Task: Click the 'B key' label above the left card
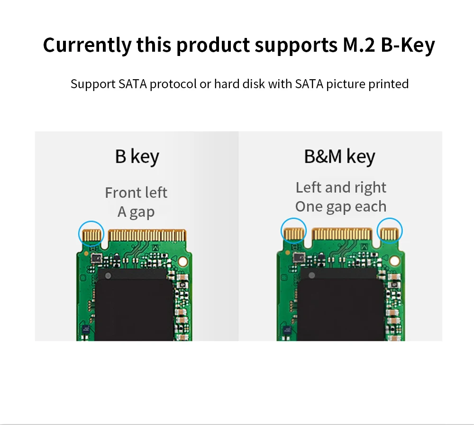coord(137,157)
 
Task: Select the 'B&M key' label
coord(339,157)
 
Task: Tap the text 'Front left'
coord(136,193)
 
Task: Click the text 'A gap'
coord(136,212)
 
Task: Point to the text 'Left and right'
coord(341,187)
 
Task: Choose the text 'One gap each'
coord(341,206)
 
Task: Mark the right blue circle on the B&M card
coord(390,231)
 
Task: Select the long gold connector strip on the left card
coord(147,234)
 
